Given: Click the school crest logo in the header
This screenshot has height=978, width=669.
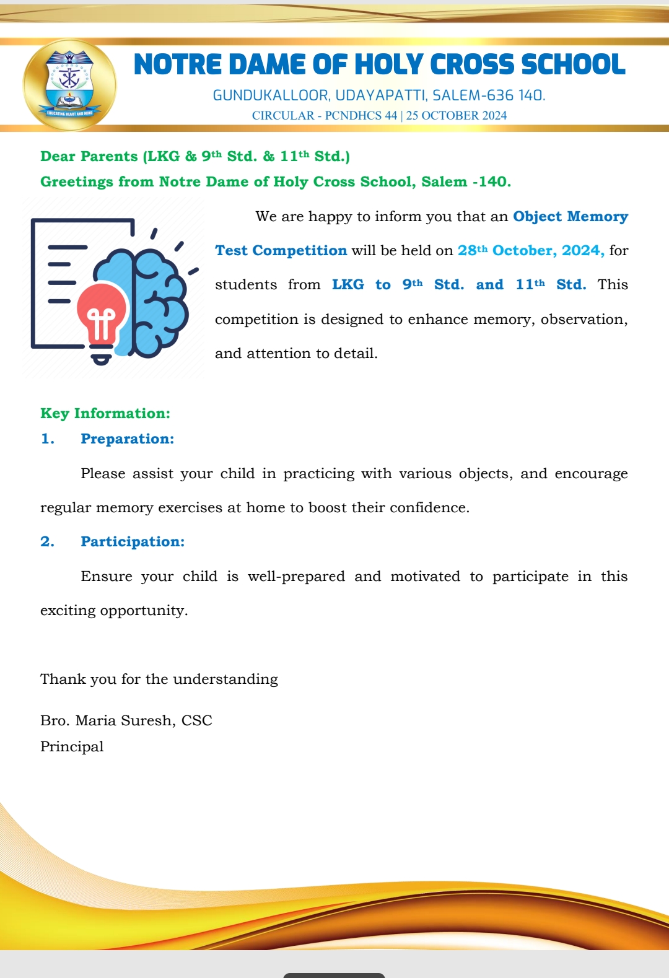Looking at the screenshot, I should coord(69,84).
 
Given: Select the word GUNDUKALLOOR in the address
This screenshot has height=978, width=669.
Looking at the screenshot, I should coord(271,95).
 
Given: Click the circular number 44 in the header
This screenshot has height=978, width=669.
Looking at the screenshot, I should coord(390,116).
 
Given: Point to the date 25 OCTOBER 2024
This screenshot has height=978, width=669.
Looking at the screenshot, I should coord(457,116).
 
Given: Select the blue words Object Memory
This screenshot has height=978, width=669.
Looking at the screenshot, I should coord(570,217).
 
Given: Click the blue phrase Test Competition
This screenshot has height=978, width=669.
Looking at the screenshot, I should coord(281,251).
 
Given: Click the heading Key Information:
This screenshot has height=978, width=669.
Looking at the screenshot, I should coord(105,414).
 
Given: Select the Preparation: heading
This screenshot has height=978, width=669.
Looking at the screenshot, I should coord(127,439).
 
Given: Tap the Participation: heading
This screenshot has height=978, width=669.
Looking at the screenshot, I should coord(133,542).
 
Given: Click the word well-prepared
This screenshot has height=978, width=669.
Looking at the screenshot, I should coord(296,577).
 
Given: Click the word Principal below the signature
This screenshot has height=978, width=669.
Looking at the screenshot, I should coord(72,747).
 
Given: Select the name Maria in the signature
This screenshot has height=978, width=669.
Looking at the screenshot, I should coord(95,721).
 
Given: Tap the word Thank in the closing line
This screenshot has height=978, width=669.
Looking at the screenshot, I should coord(63,679).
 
